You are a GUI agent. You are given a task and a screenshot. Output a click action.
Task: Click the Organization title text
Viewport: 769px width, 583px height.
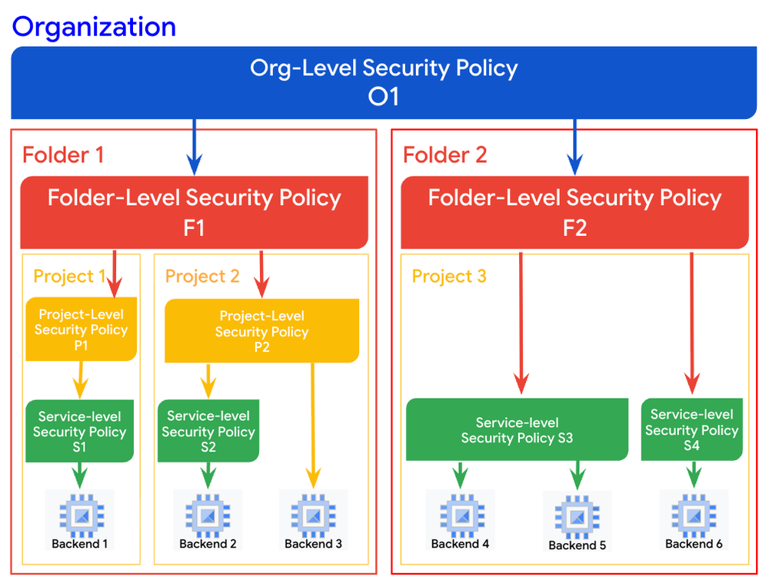(94, 26)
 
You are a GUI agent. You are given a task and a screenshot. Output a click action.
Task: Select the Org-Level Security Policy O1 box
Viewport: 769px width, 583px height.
(384, 82)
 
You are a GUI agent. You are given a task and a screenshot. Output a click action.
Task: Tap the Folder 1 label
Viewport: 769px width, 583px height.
(63, 155)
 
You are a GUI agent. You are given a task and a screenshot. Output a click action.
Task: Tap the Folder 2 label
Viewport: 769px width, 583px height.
(444, 155)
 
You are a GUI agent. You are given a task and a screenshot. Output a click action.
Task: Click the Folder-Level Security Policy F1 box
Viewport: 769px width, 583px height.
(194, 212)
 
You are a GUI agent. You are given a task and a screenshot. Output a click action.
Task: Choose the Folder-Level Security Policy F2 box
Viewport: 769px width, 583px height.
(574, 212)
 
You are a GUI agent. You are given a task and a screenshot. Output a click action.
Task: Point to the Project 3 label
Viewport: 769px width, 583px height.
(449, 276)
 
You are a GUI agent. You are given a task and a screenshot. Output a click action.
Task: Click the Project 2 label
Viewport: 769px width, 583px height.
(202, 276)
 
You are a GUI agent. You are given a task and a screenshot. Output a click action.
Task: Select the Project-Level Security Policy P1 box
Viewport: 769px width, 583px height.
(81, 330)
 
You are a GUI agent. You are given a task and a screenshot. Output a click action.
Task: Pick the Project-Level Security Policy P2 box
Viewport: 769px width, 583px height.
(261, 331)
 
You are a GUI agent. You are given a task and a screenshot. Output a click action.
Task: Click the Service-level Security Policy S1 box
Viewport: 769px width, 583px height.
(79, 431)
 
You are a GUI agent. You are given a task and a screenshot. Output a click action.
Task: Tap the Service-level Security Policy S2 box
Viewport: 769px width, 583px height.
(208, 431)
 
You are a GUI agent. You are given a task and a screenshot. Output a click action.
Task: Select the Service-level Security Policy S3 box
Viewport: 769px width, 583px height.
(517, 430)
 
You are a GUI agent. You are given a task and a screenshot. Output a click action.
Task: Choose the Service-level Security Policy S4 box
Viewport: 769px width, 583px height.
(691, 429)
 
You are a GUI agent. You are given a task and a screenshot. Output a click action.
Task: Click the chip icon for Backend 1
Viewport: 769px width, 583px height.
(79, 513)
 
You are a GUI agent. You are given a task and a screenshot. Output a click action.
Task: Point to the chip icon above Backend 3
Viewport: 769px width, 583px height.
(313, 513)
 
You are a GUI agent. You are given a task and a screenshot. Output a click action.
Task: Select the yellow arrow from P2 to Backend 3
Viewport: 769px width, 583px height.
(312, 422)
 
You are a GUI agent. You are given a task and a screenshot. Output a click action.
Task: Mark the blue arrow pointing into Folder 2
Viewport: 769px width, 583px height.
(574, 146)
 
